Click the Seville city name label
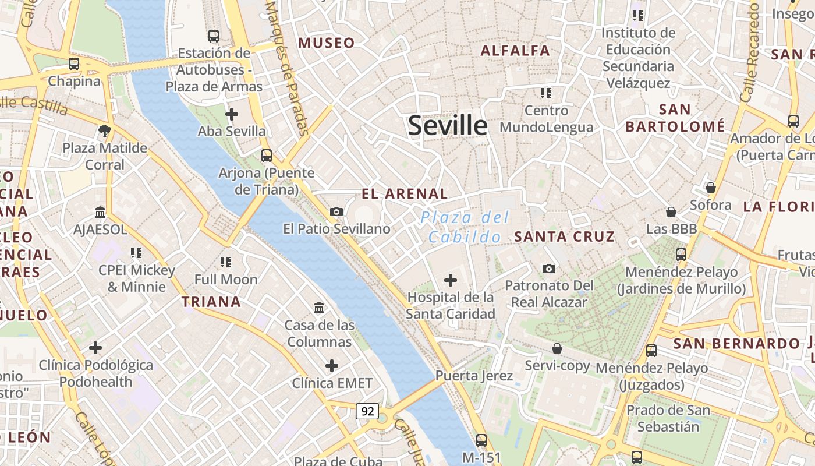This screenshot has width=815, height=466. tap(447, 126)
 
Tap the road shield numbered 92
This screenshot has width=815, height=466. tap(367, 411)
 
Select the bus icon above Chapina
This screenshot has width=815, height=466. tap(74, 64)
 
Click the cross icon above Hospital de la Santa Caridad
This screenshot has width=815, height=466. tap(450, 280)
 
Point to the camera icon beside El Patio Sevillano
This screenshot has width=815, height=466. tap(336, 211)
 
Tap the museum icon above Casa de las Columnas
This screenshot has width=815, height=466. tap(319, 308)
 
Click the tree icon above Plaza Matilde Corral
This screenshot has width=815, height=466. tap(105, 131)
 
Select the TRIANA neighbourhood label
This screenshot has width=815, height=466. tap(211, 302)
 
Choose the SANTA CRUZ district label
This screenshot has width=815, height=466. tap(565, 236)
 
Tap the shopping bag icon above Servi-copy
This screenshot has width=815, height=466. tap(557, 348)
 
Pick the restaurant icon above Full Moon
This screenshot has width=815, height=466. tap(226, 262)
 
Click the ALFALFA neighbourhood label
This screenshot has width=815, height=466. tap(515, 51)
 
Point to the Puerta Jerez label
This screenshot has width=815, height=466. tap(474, 376)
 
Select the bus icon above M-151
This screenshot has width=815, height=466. tap(481, 440)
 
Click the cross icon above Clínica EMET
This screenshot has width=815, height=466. tap(332, 366)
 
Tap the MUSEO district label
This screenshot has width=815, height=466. tap(327, 43)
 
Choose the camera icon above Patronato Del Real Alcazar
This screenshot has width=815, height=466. tap(548, 269)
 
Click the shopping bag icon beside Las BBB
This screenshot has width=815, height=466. tap(671, 212)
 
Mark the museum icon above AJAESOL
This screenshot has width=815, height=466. tap(100, 212)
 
